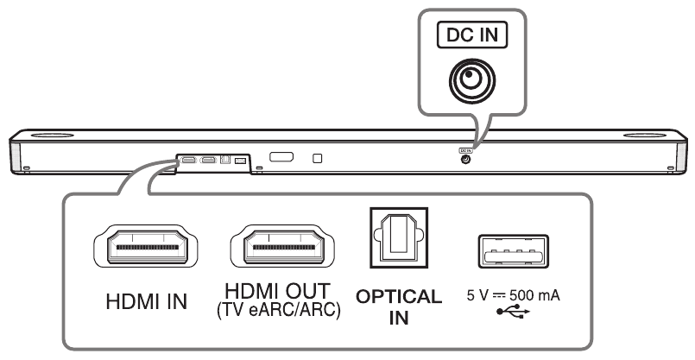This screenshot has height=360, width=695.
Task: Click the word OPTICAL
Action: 399,296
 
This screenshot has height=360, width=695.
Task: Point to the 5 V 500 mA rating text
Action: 509,295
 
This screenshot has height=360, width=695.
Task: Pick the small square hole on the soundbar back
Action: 318,159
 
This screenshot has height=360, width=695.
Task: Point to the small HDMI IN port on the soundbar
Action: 188,160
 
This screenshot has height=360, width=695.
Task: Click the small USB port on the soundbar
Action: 240,161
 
